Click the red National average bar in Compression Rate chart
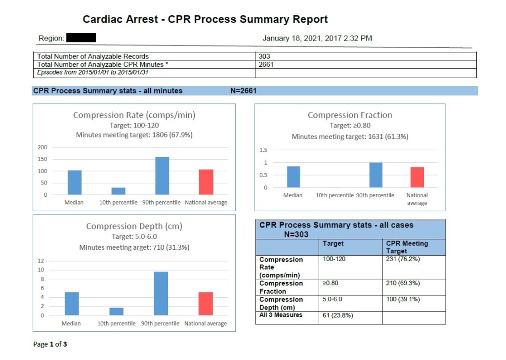point(206,182)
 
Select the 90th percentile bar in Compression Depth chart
point(161,293)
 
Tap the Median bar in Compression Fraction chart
point(293,177)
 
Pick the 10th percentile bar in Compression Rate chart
point(118,191)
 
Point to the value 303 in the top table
point(264,56)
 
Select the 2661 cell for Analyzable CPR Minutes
point(266,64)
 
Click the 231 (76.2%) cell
point(403,259)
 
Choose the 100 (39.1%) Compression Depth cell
point(403,299)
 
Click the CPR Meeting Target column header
point(407,247)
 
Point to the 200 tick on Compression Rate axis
point(42,147)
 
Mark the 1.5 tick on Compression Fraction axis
point(263,150)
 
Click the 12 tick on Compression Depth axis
point(41,261)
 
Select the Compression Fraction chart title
point(350,115)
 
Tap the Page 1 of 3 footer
point(50,344)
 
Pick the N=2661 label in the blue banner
point(243,90)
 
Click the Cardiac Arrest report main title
point(205,20)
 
